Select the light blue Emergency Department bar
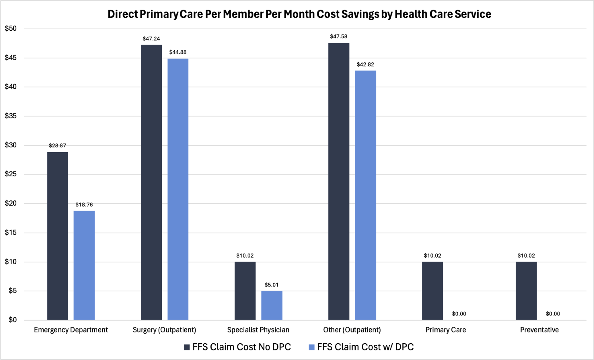coord(84,265)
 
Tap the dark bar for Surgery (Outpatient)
coord(151,182)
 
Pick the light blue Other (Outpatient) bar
coord(365,195)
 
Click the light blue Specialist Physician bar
coord(272,305)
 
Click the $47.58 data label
coord(339,36)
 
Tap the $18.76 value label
coord(84,204)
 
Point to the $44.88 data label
coord(178,52)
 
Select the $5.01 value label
coord(271,285)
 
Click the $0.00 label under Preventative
coord(553,314)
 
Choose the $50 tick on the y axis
coord(11,29)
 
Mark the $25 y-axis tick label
coord(11,174)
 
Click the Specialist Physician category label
coord(258,330)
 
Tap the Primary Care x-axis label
coord(446,330)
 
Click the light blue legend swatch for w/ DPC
coord(312,347)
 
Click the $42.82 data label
coord(365,65)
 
